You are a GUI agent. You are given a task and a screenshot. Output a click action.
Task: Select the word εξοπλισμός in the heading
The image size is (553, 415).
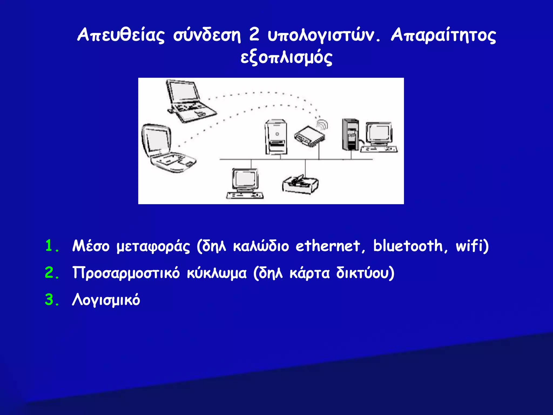click(286, 58)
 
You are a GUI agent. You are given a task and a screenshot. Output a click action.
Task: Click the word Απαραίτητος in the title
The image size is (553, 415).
click(443, 35)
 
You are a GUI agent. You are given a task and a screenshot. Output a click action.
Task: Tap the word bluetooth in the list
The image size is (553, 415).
click(408, 246)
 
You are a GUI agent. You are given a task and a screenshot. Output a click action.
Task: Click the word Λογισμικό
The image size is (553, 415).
click(106, 300)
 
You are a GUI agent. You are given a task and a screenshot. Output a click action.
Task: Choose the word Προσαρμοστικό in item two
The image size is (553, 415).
click(126, 273)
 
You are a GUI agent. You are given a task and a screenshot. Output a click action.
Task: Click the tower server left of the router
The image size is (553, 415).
click(275, 137)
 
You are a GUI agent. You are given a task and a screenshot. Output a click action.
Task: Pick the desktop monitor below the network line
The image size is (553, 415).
click(245, 180)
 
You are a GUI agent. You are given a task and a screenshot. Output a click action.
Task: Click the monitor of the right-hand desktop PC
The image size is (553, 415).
click(379, 134)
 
